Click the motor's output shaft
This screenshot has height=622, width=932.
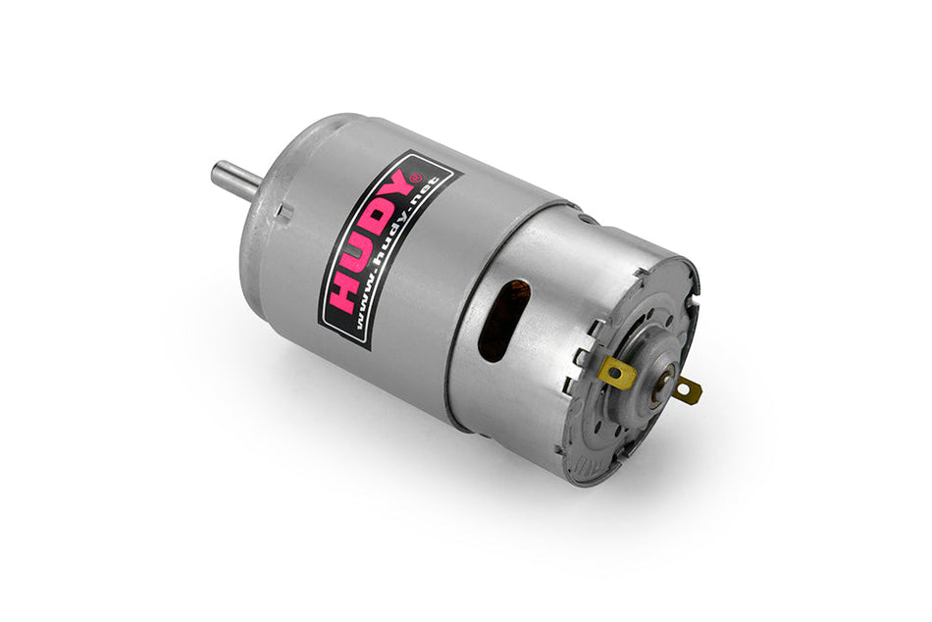coord(233,178)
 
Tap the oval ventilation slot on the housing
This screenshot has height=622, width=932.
coord(503,319)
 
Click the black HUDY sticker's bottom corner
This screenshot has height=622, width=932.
coord(368,348)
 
